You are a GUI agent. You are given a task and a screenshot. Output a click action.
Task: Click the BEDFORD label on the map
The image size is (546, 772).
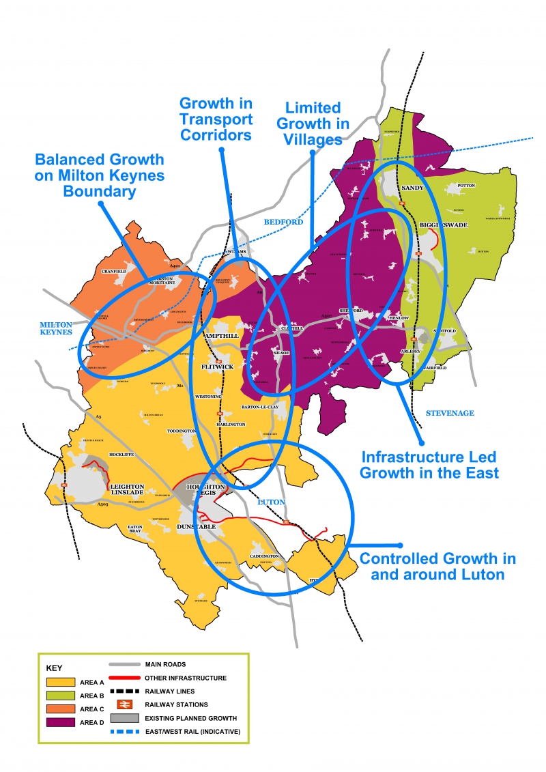point(283,223)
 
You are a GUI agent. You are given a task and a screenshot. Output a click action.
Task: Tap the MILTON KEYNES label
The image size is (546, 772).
point(56,328)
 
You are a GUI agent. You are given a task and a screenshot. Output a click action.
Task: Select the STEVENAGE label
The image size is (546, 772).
point(449,414)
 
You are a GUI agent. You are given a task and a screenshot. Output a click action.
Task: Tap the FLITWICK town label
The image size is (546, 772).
point(218,367)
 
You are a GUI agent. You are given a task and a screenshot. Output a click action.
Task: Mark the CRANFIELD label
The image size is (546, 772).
point(114,271)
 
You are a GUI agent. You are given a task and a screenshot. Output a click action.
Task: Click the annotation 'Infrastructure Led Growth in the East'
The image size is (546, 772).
point(429,464)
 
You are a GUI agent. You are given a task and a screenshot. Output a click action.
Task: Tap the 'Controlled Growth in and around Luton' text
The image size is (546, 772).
point(437,566)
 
